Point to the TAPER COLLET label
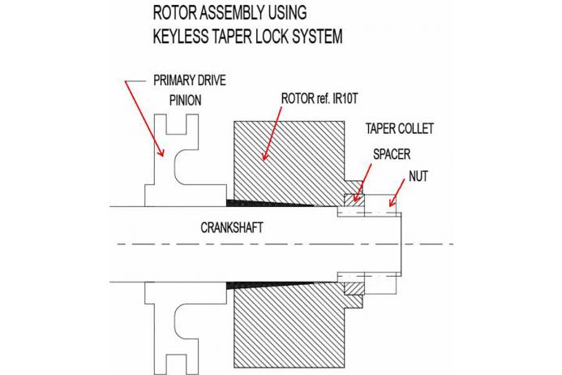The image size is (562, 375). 401,129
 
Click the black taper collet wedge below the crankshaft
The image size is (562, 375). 260,287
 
